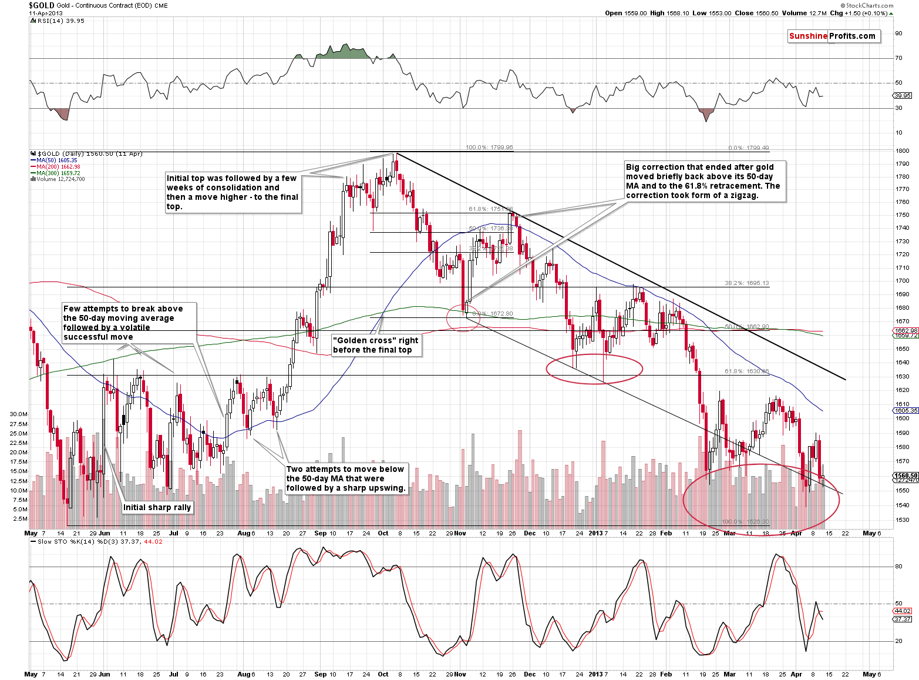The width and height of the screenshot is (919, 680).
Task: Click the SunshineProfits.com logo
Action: pyautogui.click(x=833, y=36)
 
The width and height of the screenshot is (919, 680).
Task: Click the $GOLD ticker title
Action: pyautogui.click(x=41, y=5)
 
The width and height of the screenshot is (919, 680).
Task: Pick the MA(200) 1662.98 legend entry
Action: pyautogui.click(x=58, y=167)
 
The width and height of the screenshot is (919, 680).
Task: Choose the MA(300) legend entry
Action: pyautogui.click(x=58, y=173)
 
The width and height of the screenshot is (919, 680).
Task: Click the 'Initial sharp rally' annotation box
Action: pyautogui.click(x=157, y=507)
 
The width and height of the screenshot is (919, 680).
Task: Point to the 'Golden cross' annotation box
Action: pyautogui.click(x=376, y=345)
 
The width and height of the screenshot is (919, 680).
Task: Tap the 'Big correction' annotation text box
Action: pyautogui.click(x=703, y=181)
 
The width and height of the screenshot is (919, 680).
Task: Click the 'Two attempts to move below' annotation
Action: pyautogui.click(x=346, y=478)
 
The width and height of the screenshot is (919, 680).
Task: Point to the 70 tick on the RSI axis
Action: pyautogui.click(x=898, y=58)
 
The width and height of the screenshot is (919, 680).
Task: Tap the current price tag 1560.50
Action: pyautogui.click(x=905, y=475)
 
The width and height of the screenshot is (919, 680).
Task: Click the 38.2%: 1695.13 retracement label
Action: pyautogui.click(x=746, y=283)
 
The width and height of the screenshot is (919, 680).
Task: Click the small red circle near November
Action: pyautogui.click(x=463, y=318)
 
